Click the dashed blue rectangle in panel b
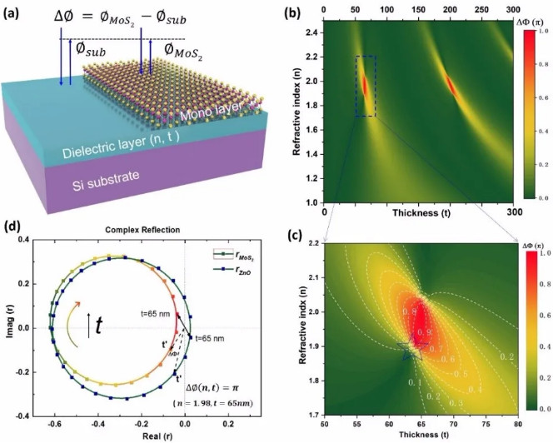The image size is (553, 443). point(366,87)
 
